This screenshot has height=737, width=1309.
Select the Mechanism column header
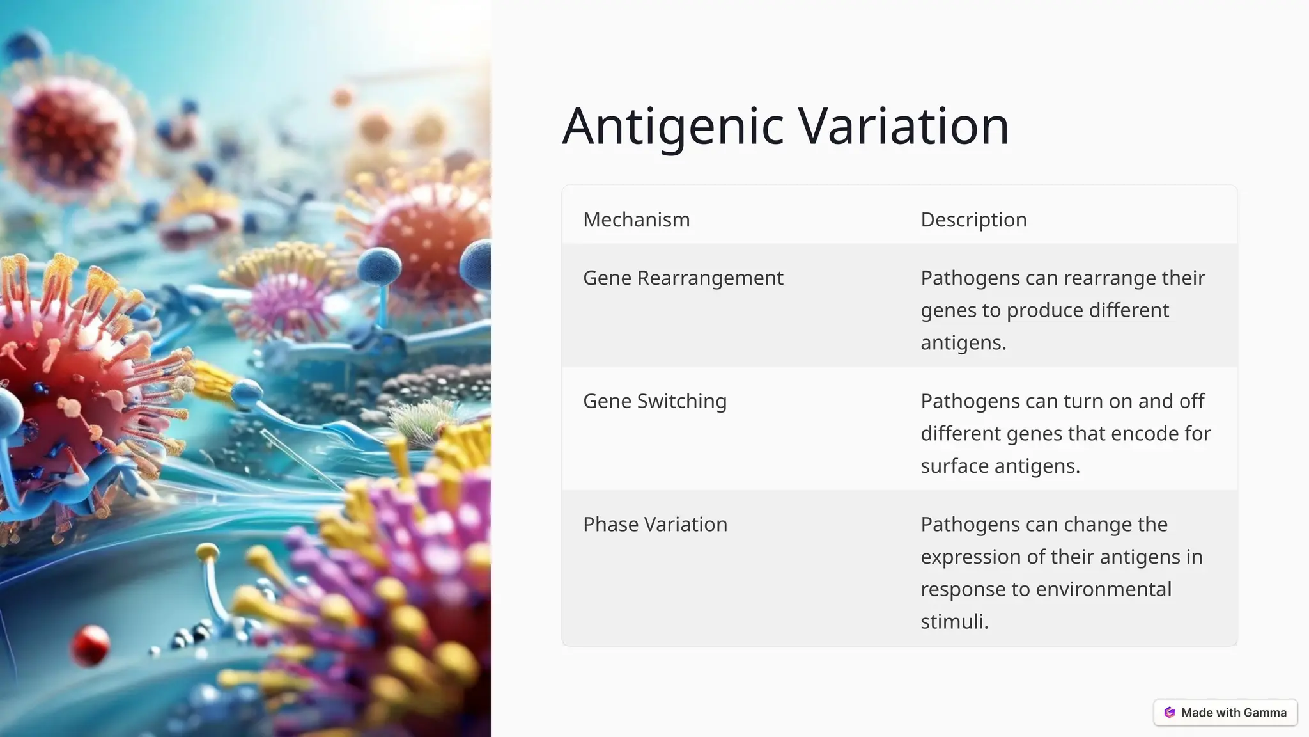(x=636, y=219)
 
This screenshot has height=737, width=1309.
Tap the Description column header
(x=973, y=219)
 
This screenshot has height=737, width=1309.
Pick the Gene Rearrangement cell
(x=683, y=278)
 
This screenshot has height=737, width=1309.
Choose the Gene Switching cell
(x=654, y=401)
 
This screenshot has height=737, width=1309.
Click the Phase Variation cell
(x=654, y=525)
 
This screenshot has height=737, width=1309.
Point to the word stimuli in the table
(x=954, y=621)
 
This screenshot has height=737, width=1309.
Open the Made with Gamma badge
(x=1225, y=713)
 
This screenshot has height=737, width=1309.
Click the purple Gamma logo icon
(x=1170, y=713)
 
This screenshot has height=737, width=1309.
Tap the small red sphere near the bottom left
(x=89, y=644)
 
